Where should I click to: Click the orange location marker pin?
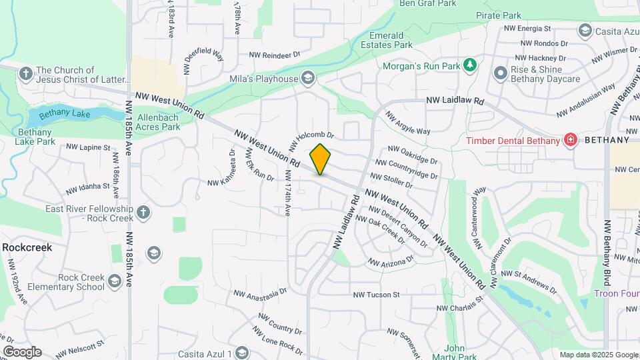click(320, 158)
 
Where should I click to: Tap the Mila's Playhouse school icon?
click(307, 79)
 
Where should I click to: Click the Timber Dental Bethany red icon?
click(570, 140)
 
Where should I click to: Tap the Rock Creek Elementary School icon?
click(115, 282)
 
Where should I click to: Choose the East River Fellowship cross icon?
click(143, 213)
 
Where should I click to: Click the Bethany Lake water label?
click(64, 114)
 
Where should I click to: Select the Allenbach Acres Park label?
click(158, 122)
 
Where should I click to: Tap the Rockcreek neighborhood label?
click(27, 247)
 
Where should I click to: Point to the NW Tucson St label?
click(376, 294)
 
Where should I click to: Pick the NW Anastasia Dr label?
click(260, 293)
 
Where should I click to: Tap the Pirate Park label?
click(499, 15)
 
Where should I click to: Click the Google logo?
click(21, 352)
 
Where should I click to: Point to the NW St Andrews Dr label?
click(528, 280)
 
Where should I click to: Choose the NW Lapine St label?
click(88, 147)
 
